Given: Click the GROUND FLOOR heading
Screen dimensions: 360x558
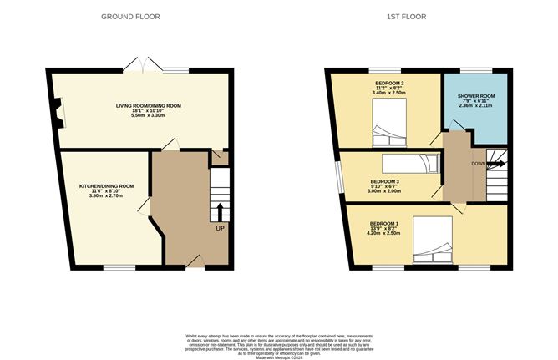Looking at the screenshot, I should pos(130,16).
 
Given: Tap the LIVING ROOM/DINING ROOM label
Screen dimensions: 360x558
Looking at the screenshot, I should pos(148,106).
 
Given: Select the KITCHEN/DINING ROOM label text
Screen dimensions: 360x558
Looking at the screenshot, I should pos(106,185).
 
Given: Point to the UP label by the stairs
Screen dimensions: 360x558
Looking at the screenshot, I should pos(220,228).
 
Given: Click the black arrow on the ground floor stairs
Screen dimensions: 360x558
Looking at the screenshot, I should pos(220,209).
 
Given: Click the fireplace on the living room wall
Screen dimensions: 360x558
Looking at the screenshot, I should pos(57,109).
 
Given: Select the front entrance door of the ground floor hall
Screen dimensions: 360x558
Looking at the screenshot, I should pos(194,261).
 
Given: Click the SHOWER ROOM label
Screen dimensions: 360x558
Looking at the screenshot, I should pos(475,97).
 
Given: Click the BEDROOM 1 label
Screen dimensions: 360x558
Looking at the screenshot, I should pos(384,224).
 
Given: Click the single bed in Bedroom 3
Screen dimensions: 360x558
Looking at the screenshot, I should pos(409,163).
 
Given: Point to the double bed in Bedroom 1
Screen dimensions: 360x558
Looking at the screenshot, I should pos(434,237).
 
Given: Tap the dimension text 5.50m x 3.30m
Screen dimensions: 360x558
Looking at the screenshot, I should pos(148,119).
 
